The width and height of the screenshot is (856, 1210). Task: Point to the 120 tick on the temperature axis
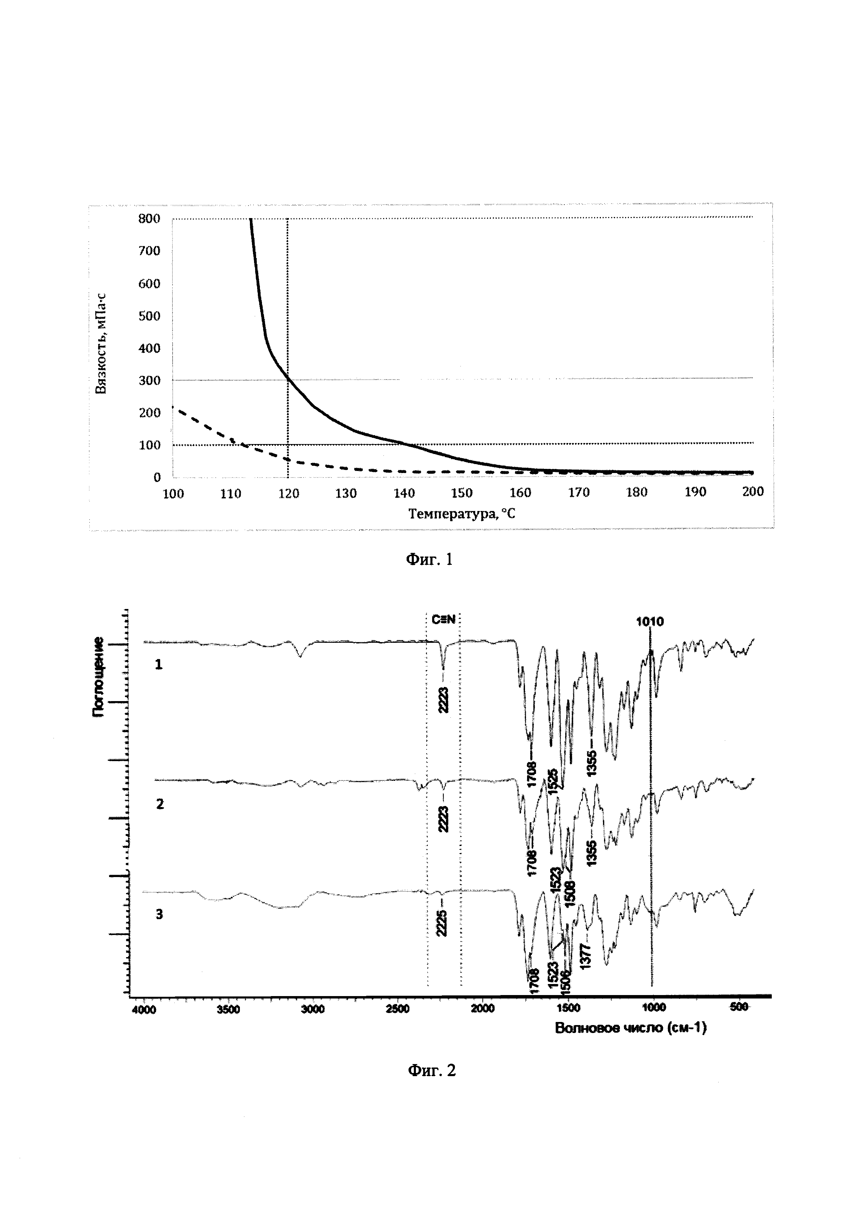coord(288,493)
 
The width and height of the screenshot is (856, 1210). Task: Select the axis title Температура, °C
coord(462,513)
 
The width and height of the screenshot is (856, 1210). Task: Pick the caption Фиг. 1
coord(429,559)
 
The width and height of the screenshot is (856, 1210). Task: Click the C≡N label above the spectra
coord(443,620)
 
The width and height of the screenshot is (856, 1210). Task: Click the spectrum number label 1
coord(158,665)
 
